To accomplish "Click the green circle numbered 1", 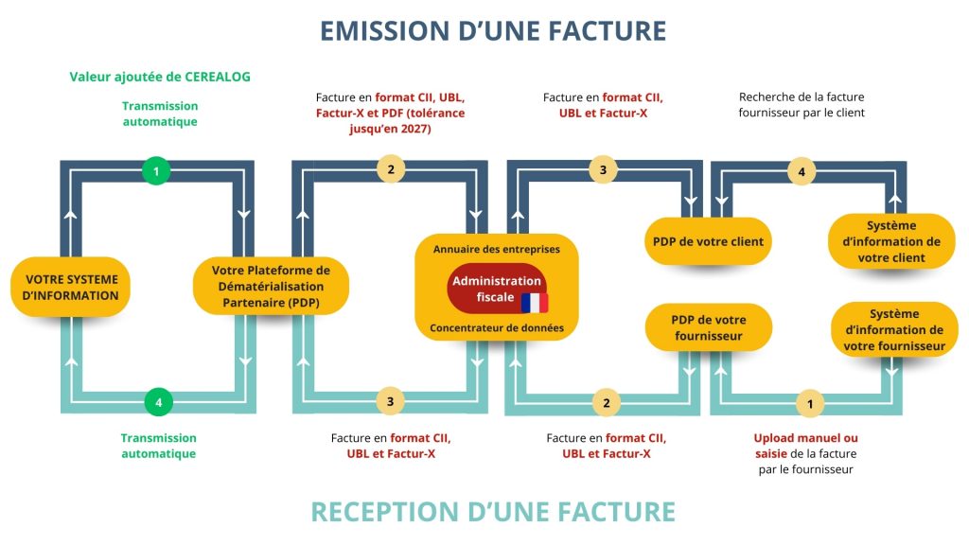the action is [x=156, y=171].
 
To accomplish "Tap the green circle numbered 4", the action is [x=159, y=402].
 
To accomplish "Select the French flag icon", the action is [x=535, y=303].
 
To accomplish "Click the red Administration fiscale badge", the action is [x=497, y=289].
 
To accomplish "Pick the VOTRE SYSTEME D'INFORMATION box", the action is [x=70, y=288].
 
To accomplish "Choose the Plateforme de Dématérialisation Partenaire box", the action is [x=271, y=286].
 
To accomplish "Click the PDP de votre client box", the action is [x=708, y=241].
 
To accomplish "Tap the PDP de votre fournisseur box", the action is [x=708, y=327].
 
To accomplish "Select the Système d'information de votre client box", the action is [x=891, y=241].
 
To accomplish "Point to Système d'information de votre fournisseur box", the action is [x=894, y=329].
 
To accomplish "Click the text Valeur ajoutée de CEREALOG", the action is [x=160, y=77].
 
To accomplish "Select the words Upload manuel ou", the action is [x=806, y=437].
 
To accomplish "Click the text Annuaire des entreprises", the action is [x=497, y=249].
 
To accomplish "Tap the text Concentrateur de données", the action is [x=497, y=327].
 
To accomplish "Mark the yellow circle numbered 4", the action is [x=802, y=172].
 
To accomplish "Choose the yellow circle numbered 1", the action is [x=810, y=404].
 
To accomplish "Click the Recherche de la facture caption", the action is [x=802, y=97].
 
